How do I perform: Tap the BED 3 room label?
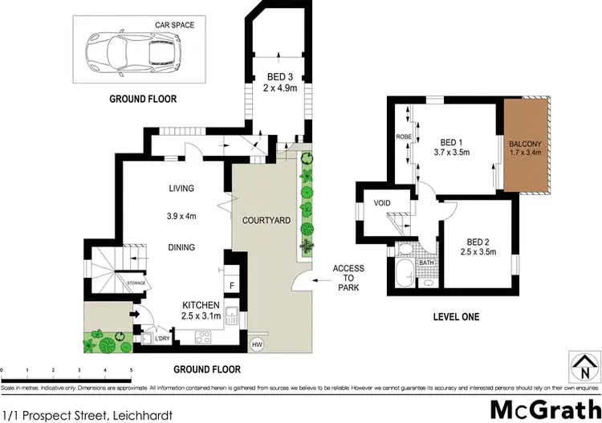(278, 78)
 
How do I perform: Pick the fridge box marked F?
(232, 285)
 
